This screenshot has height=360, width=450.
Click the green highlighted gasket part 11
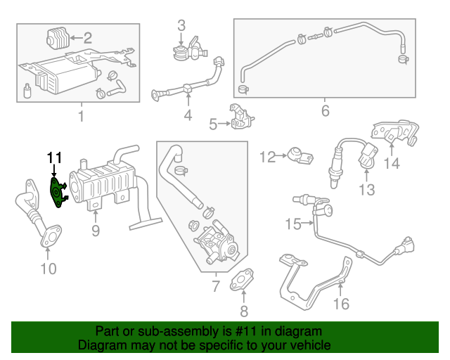click(56, 192)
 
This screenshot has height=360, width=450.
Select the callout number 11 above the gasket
click(55, 157)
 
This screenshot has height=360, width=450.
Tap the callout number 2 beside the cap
click(88, 37)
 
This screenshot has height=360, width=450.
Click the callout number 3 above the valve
click(181, 25)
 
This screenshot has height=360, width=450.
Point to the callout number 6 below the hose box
click(325, 110)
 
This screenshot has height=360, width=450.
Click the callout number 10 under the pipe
click(47, 267)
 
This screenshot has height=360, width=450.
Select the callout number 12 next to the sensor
click(268, 155)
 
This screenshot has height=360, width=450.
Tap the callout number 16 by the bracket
click(340, 304)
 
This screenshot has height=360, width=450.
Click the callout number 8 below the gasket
click(244, 311)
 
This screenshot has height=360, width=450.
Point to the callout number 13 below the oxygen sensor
click(367, 189)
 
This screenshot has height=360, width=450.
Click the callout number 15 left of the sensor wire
click(292, 224)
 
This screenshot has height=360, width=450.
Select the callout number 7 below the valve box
click(216, 285)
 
